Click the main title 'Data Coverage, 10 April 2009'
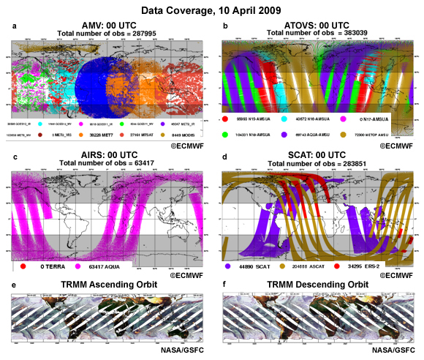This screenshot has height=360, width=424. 211,10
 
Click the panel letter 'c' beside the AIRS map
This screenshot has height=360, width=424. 15,157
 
